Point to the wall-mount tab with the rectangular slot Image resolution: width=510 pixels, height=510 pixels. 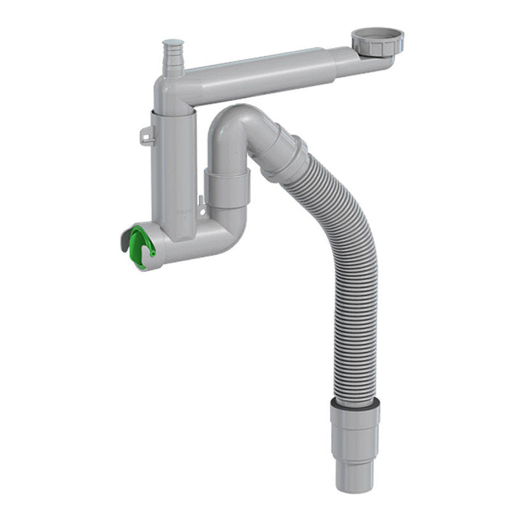(x=147, y=135)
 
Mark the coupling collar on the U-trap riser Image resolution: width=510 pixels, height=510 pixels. (x=227, y=185)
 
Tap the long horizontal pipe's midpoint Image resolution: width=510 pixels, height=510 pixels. (x=268, y=73)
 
